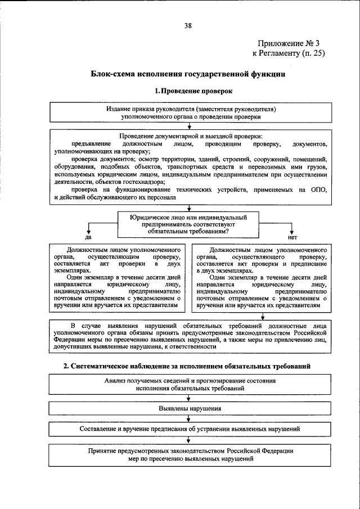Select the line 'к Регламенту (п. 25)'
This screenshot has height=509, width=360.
pos(289,53)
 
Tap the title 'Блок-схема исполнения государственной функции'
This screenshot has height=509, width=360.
pos(188,74)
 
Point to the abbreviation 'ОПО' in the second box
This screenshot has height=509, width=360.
pos(318,190)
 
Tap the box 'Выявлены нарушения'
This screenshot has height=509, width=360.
pos(190,408)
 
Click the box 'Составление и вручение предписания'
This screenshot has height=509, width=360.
pos(190,429)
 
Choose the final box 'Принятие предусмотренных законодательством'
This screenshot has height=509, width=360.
pos(190,454)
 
